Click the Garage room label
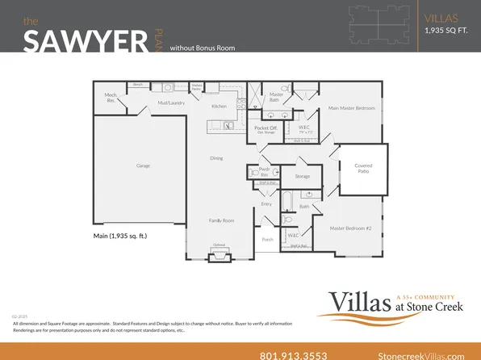click(143, 165)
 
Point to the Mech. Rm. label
click(111, 98)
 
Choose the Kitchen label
click(219, 107)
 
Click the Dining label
click(216, 158)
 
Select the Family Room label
click(222, 220)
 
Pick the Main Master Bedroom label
click(351, 107)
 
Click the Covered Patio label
click(363, 168)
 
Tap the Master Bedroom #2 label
click(349, 228)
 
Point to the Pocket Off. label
click(266, 128)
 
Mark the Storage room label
click(303, 176)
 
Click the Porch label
click(269, 240)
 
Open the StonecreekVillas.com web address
click(420, 355)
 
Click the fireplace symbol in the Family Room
click(219, 255)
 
